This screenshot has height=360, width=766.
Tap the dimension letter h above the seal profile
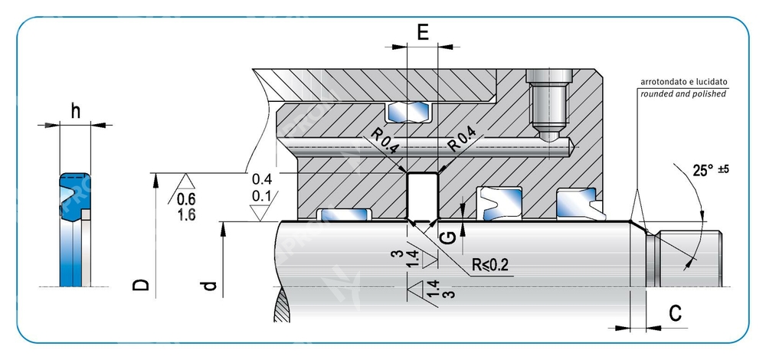[x=75, y=111]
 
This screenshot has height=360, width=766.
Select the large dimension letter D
[x=140, y=285]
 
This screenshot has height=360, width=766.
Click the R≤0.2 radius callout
[x=490, y=267]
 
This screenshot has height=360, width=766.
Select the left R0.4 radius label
[x=384, y=141]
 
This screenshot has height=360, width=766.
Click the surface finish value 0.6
[x=185, y=200]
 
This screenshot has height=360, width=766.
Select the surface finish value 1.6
[x=185, y=215]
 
